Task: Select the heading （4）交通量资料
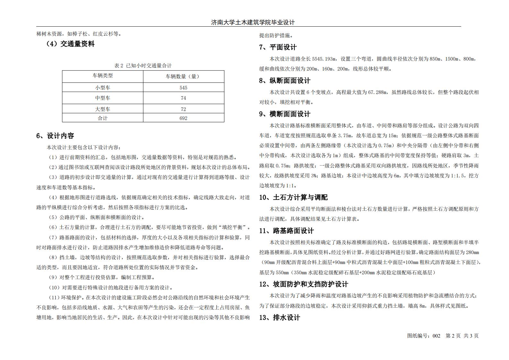(71, 44)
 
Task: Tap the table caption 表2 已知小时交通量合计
(143, 65)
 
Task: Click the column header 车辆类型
(103, 76)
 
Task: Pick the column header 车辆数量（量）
(183, 76)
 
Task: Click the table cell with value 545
(183, 88)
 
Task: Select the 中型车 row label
(103, 98)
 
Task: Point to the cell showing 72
(183, 109)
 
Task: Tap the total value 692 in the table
(183, 118)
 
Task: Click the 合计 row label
(103, 118)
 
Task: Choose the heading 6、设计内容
(55, 136)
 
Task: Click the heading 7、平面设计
(278, 47)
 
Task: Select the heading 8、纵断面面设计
(285, 81)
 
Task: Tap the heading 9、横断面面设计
(285, 114)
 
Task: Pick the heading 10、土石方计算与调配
(293, 197)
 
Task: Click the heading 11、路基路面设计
(286, 231)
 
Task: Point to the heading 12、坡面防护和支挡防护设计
(303, 284)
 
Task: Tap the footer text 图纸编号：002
(424, 336)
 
